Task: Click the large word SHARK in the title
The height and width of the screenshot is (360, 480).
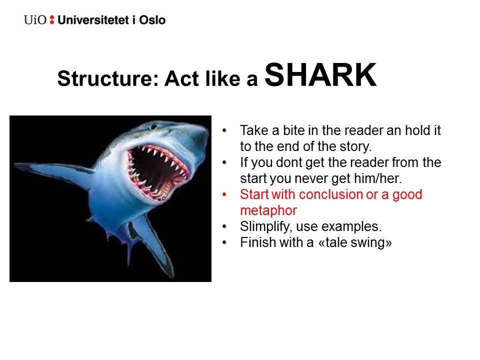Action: coord(320,74)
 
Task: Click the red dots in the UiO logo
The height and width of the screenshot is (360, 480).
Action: coord(51,20)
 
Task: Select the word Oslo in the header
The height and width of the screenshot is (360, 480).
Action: coord(152,20)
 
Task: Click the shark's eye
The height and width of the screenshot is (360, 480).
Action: coord(154,126)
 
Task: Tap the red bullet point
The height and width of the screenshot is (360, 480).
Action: coord(224,194)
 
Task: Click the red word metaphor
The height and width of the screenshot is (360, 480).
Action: coord(268,210)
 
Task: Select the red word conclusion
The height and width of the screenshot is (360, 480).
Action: coord(333,194)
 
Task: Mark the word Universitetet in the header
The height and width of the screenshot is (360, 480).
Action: coord(93,20)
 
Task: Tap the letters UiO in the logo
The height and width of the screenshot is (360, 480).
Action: coord(35,20)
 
